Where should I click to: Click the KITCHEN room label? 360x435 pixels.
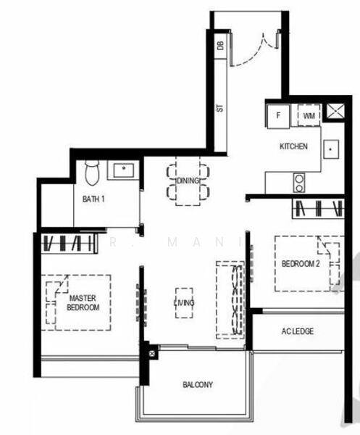coord(294,146)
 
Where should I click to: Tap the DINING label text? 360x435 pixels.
coord(188,180)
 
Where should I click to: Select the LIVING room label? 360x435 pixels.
coord(184,302)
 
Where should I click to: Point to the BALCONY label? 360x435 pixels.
coord(198,385)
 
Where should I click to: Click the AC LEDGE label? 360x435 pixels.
coord(298,331)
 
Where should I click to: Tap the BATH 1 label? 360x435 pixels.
coord(92,199)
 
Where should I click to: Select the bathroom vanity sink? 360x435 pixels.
coord(122,170)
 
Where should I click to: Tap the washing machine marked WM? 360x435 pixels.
coord(309,115)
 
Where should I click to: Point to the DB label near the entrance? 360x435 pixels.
coord(219,46)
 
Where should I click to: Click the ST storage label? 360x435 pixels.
coord(219,108)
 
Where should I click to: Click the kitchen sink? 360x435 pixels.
coord(331,148)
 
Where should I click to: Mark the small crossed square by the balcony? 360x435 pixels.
coord(152,354)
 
